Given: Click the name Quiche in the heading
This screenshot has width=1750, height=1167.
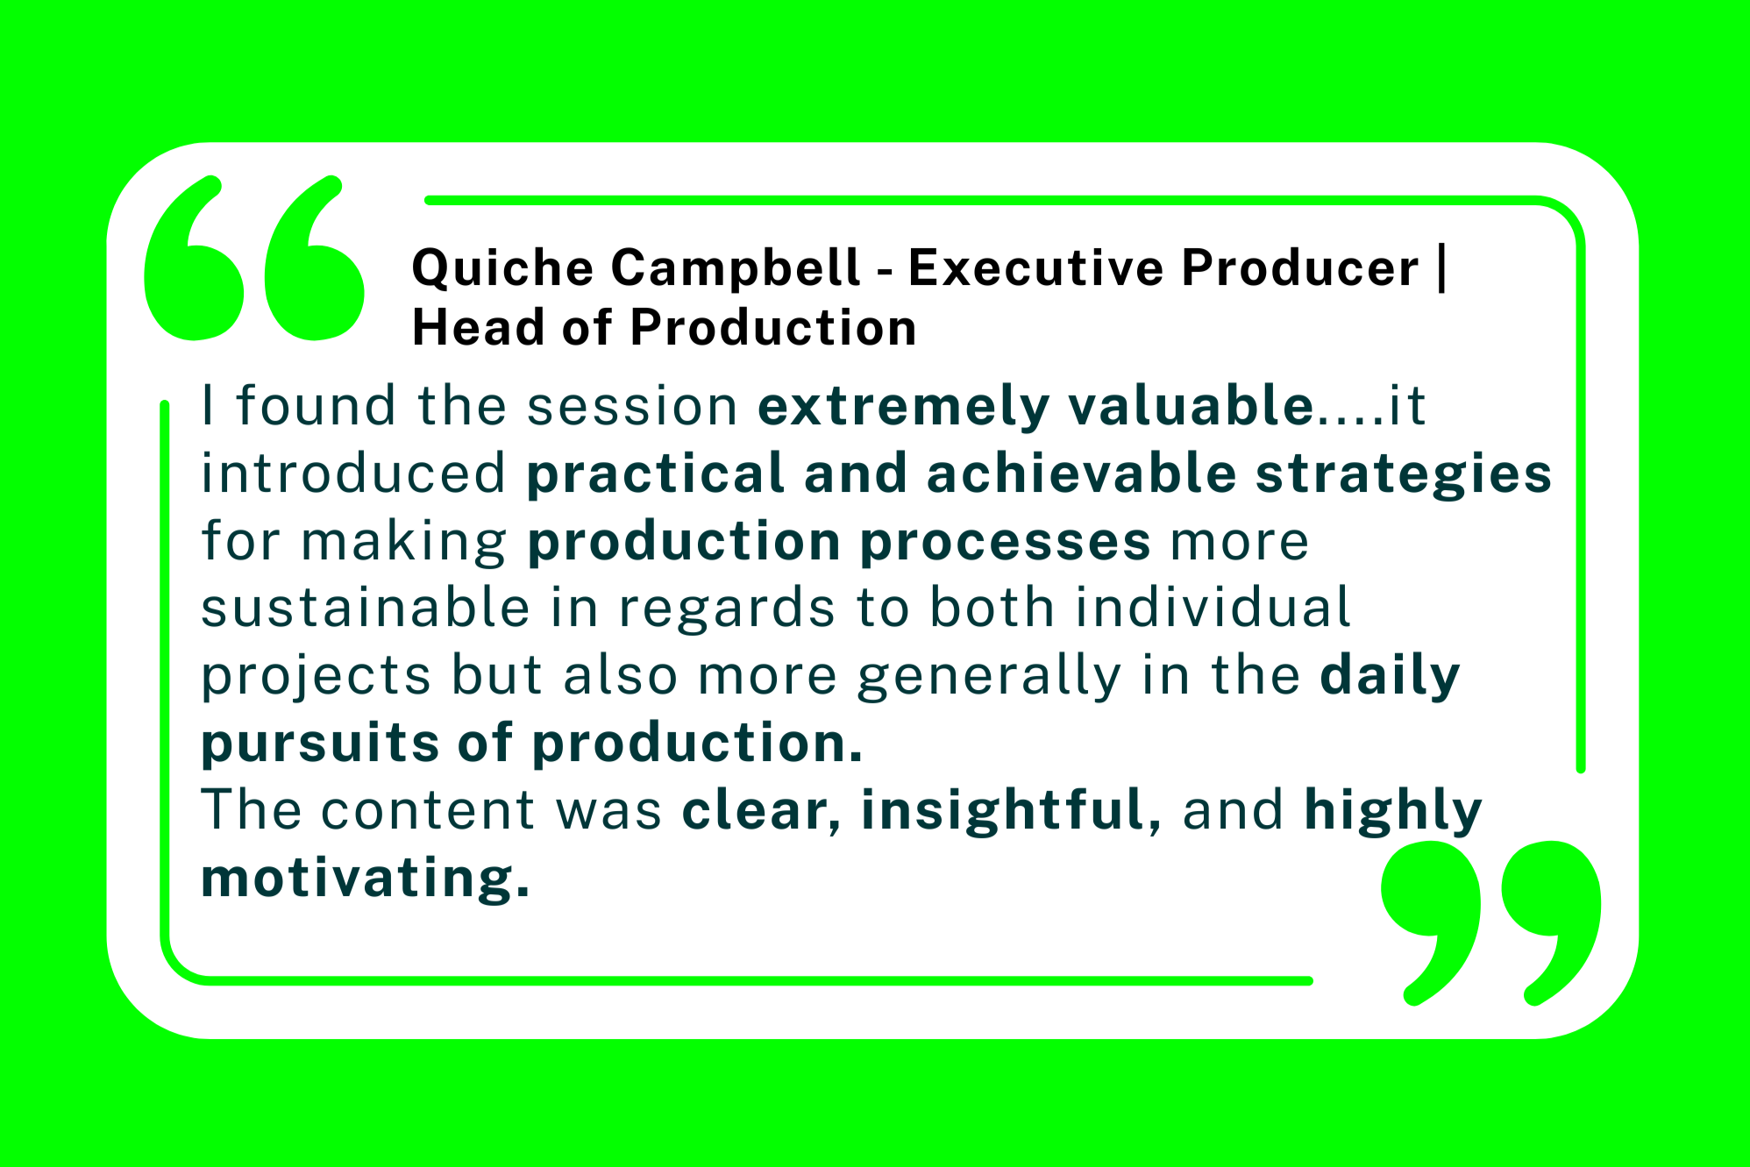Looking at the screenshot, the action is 502,267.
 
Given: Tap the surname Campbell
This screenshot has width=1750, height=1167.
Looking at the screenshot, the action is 736,267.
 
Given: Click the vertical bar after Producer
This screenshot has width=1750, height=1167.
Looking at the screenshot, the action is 1442,268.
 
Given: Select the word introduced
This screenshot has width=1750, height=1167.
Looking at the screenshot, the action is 354,473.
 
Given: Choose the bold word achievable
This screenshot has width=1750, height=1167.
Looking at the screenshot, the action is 1081,473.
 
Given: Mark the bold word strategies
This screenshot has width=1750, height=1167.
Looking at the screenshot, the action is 1404,474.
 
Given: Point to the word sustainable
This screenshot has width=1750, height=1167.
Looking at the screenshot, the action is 366,608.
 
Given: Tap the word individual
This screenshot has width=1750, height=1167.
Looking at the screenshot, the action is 1213,608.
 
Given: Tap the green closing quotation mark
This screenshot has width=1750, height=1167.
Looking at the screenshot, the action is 1490,922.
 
